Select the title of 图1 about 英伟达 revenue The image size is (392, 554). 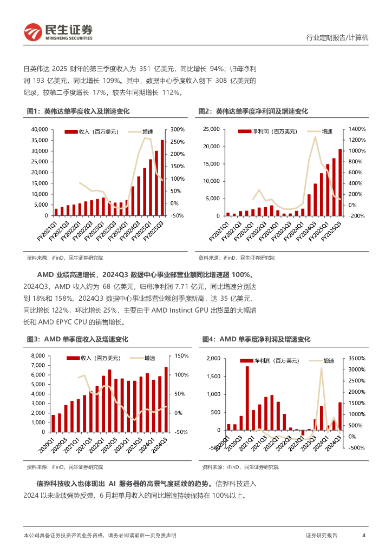click(x=78, y=111)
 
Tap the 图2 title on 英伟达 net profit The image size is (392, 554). click(x=253, y=111)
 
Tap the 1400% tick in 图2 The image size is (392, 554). click(x=357, y=129)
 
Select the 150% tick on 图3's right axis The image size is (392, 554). click(x=181, y=355)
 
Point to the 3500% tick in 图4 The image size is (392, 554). click(x=357, y=358)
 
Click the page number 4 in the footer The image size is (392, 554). click(x=364, y=535)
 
